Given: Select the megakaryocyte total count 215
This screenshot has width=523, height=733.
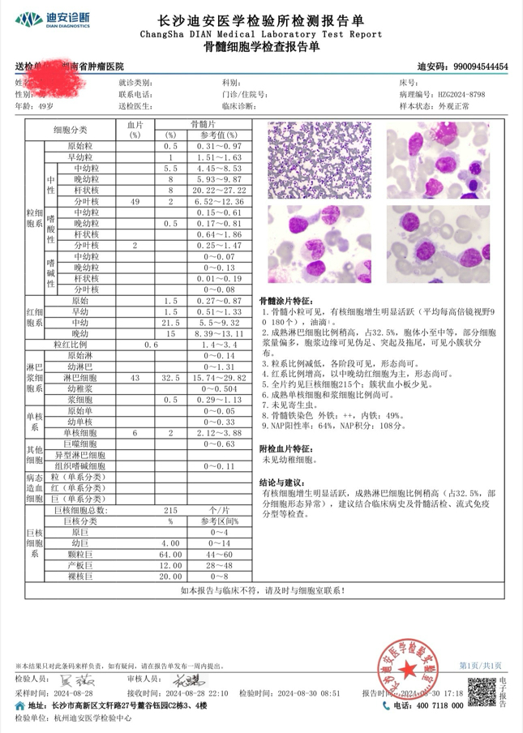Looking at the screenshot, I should pyautogui.click(x=171, y=512).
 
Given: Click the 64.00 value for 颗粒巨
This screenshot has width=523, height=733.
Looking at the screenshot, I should pyautogui.click(x=171, y=554).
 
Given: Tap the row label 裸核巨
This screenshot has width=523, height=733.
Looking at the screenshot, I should pyautogui.click(x=84, y=575).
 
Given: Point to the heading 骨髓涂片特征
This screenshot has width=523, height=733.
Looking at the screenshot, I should pyautogui.click(x=290, y=300).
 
